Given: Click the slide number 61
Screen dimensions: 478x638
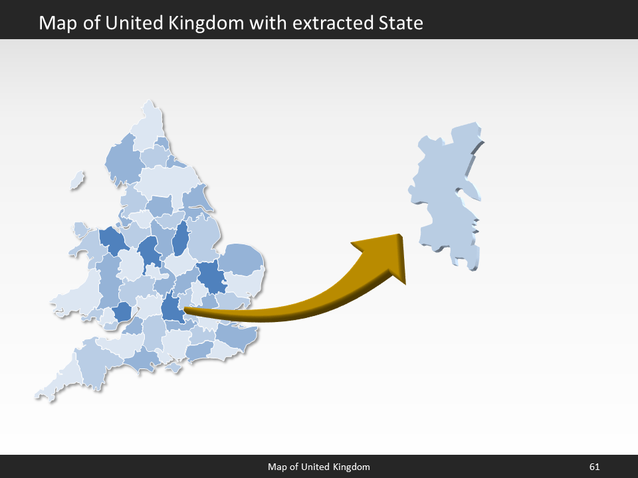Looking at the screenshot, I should tap(594, 467).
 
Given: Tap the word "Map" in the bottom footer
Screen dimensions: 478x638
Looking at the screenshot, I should tap(277, 467).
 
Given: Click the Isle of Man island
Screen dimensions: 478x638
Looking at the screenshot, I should tap(78, 179).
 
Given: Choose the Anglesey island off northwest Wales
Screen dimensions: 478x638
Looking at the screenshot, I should tap(80, 230).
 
